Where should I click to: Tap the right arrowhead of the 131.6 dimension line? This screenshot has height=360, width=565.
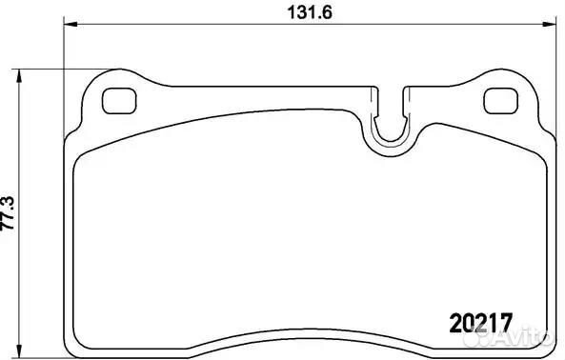(548, 28)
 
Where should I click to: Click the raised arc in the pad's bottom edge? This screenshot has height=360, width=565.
(307, 330)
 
